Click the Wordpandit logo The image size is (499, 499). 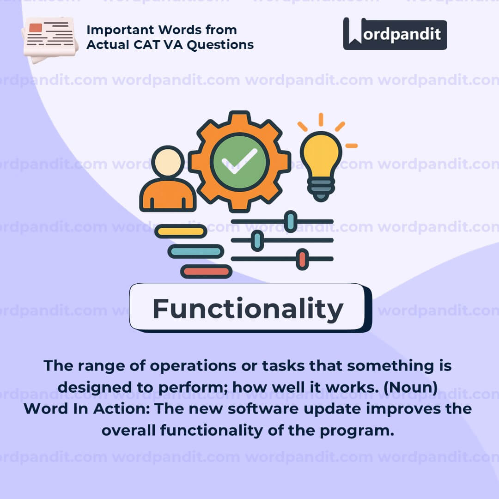click(395, 34)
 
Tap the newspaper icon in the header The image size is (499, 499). click(50, 39)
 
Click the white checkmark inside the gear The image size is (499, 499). click(240, 161)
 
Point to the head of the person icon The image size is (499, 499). click(168, 161)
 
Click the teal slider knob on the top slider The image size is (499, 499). click(290, 221)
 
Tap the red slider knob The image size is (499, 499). click(302, 259)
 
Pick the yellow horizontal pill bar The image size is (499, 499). click(181, 231)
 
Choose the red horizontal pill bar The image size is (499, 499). click(206, 272)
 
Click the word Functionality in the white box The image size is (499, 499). click(248, 309)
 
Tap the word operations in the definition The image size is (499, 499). click(193, 366)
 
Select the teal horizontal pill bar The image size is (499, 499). click(196, 251)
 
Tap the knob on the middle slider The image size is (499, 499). click(257, 241)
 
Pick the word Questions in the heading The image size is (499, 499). click(220, 45)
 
